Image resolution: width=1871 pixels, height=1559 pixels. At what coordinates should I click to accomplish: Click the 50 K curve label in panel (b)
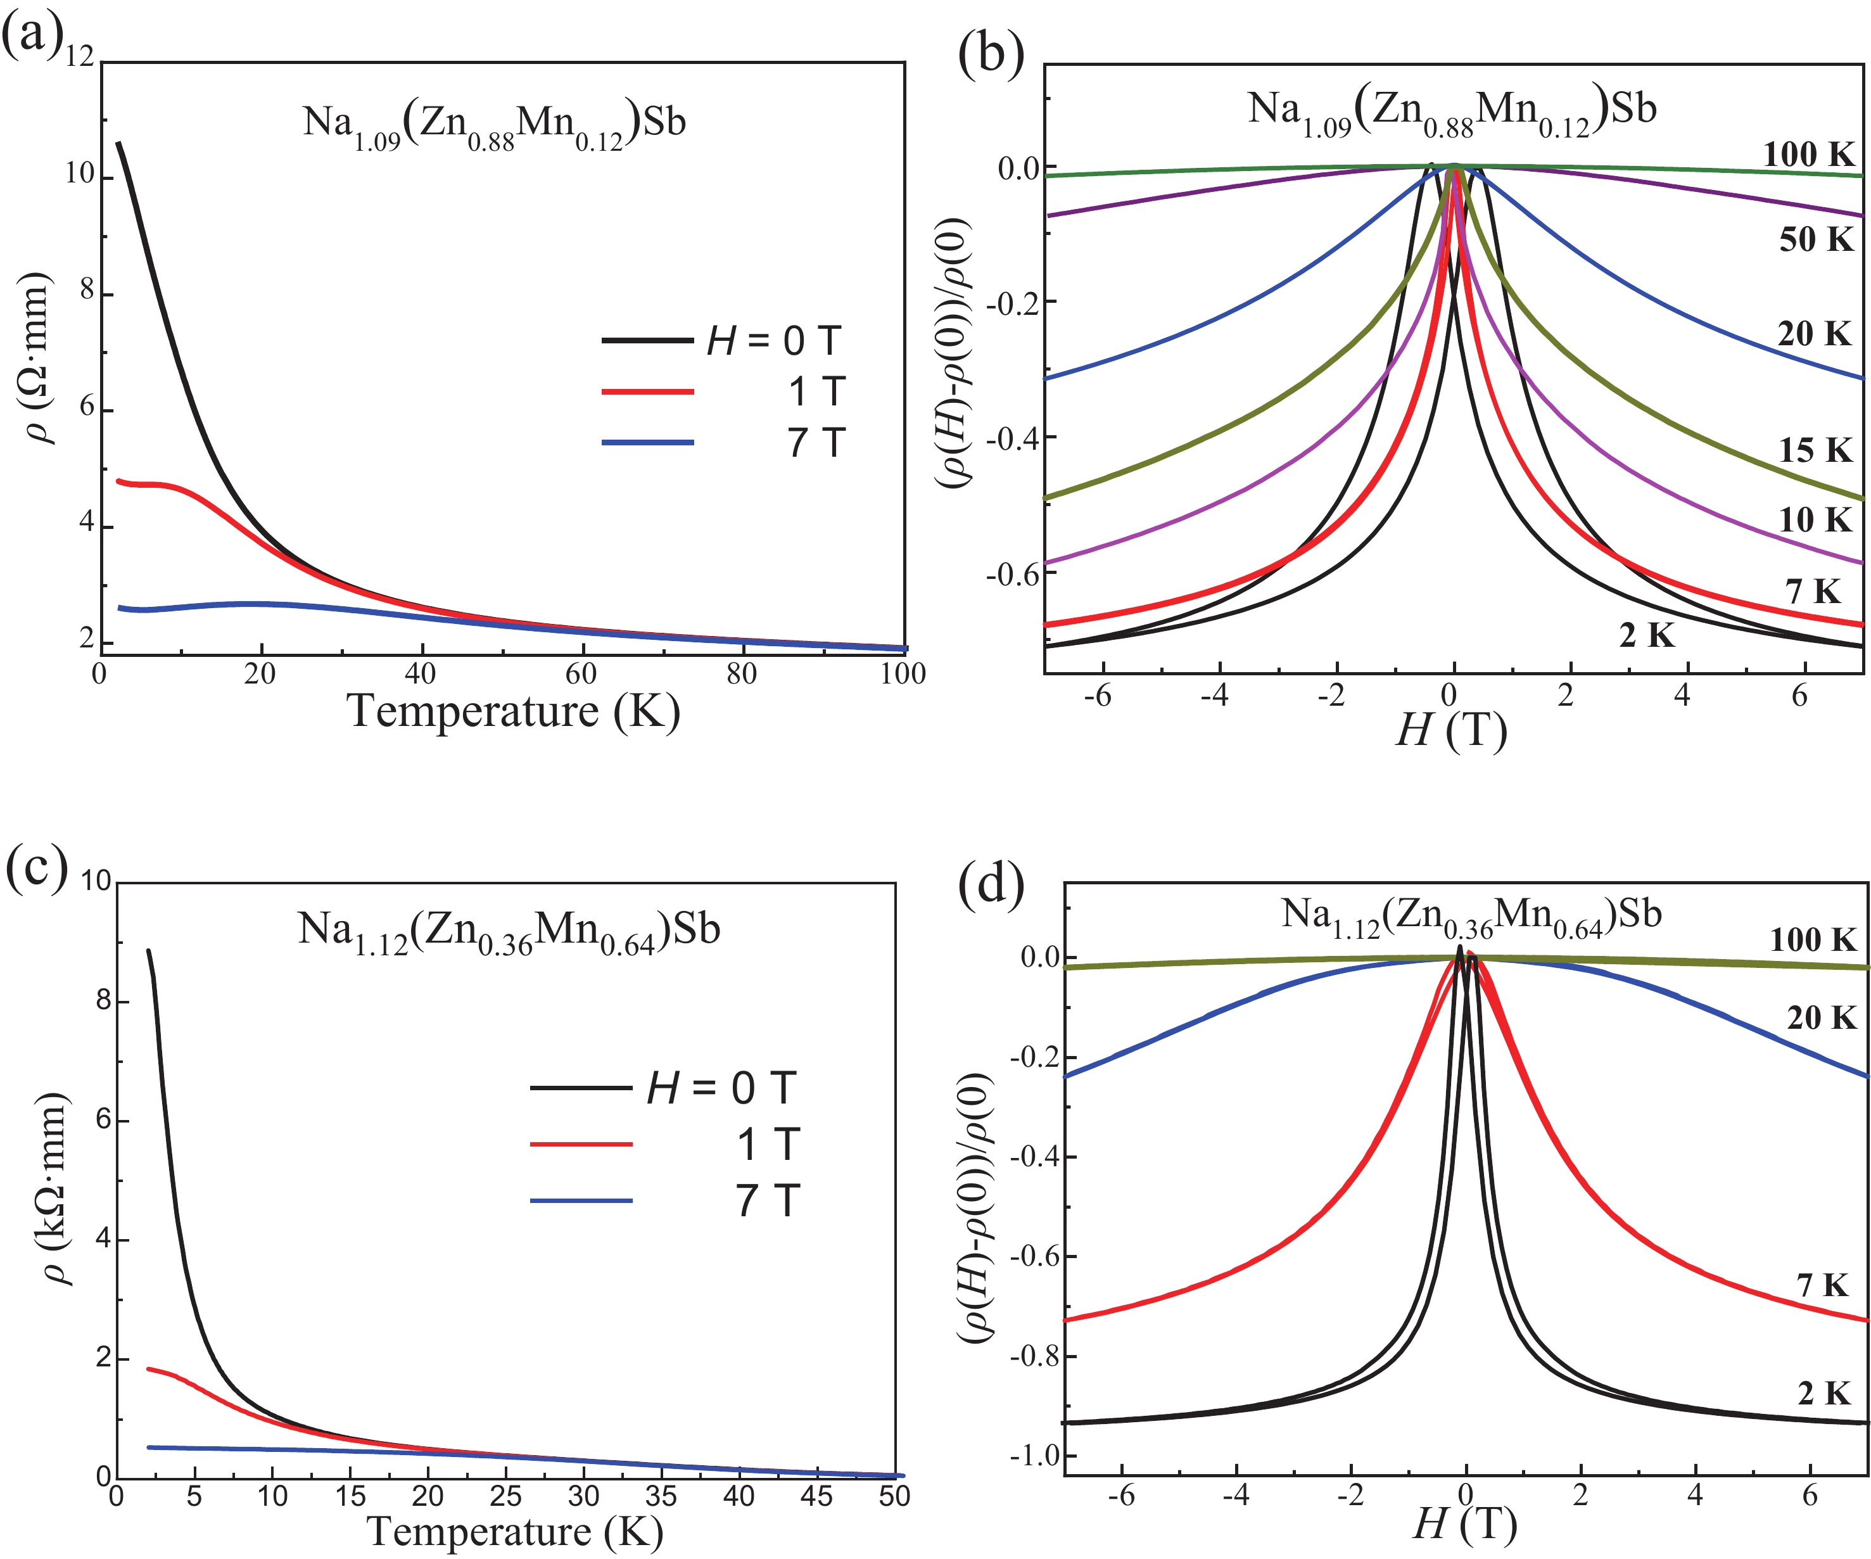click(1816, 239)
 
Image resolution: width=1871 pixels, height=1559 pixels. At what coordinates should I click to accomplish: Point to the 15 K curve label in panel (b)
click(1815, 450)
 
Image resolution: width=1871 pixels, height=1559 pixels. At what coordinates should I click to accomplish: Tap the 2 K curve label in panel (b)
click(1647, 635)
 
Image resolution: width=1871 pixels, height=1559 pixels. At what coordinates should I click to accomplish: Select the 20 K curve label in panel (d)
click(1821, 1017)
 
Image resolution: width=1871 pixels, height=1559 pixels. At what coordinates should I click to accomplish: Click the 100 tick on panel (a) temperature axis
click(903, 673)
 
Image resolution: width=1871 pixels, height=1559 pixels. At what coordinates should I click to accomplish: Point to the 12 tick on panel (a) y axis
click(79, 57)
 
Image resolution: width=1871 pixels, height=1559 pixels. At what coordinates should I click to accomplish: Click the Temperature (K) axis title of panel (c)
click(515, 1531)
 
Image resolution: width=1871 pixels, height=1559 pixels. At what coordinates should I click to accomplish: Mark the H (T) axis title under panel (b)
click(1450, 730)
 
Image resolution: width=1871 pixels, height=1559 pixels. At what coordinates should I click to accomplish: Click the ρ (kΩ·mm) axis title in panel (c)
click(55, 1188)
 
